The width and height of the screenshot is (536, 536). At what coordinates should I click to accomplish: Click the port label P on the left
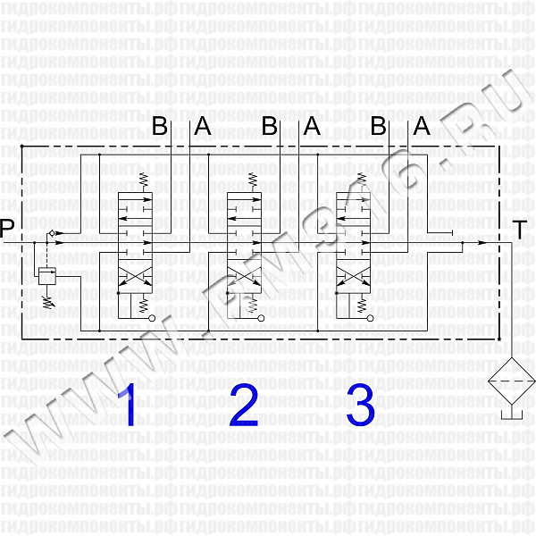pyautogui.click(x=7, y=230)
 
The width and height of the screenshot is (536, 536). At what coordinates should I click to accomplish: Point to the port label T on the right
pyautogui.click(x=519, y=230)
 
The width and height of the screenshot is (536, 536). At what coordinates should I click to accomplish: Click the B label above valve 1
pyautogui.click(x=160, y=127)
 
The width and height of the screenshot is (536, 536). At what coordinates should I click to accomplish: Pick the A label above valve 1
pyautogui.click(x=203, y=127)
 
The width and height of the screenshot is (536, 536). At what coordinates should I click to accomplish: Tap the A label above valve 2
pyautogui.click(x=312, y=127)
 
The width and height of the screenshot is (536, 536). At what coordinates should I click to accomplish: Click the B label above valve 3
pyautogui.click(x=379, y=127)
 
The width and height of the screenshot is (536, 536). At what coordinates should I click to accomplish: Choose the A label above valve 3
pyautogui.click(x=422, y=127)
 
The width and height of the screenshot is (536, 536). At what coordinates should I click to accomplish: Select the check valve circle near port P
pyautogui.click(x=51, y=233)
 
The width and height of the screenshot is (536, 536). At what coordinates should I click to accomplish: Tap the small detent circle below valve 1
pyautogui.click(x=152, y=317)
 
